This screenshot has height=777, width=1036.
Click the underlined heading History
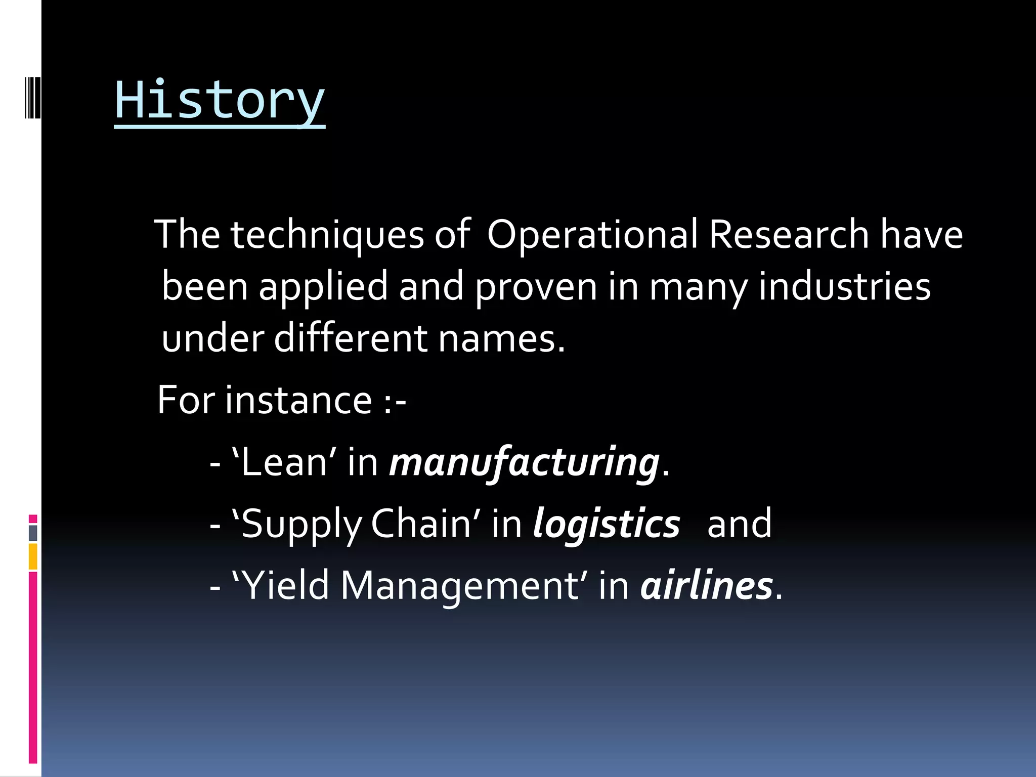click(220, 101)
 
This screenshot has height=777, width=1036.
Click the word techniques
click(327, 235)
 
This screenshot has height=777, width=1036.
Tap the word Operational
click(592, 235)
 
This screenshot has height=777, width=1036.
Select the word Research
click(788, 235)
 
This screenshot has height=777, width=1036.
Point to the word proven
click(536, 287)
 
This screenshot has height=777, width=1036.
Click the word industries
click(844, 286)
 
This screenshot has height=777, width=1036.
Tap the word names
click(501, 339)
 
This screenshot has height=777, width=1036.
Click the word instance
click(298, 401)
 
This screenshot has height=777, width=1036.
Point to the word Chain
click(421, 524)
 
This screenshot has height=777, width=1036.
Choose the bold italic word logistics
click(606, 524)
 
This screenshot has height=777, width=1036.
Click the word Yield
click(286, 586)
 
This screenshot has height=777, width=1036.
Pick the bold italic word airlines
click(706, 586)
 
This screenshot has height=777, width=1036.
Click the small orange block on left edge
click(33, 556)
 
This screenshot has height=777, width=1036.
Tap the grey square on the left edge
click(33, 533)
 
